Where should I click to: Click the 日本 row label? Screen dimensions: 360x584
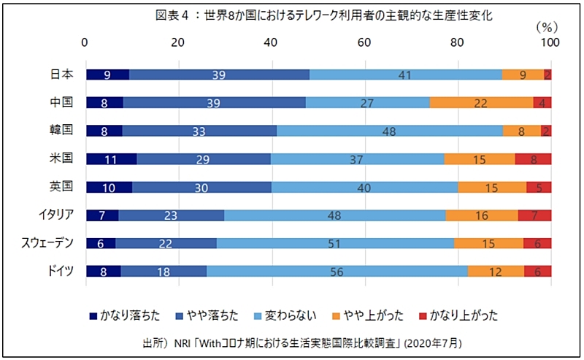click(x=61, y=74)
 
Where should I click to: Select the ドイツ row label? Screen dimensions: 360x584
click(x=60, y=272)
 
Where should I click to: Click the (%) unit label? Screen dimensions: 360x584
click(x=546, y=26)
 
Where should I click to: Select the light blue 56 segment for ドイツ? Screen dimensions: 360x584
click(x=337, y=272)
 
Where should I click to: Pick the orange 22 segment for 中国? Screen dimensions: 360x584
click(x=481, y=102)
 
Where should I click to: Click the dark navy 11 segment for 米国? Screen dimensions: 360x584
click(x=111, y=159)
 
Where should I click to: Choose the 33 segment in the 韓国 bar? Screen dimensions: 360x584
click(x=199, y=131)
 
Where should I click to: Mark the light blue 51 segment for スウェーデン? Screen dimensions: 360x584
click(x=335, y=243)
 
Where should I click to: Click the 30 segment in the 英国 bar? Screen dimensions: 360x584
click(x=201, y=187)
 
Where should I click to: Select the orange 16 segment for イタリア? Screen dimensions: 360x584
click(x=482, y=215)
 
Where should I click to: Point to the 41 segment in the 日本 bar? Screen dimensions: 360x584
click(x=405, y=74)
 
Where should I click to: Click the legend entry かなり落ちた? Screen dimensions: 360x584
click(x=125, y=315)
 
